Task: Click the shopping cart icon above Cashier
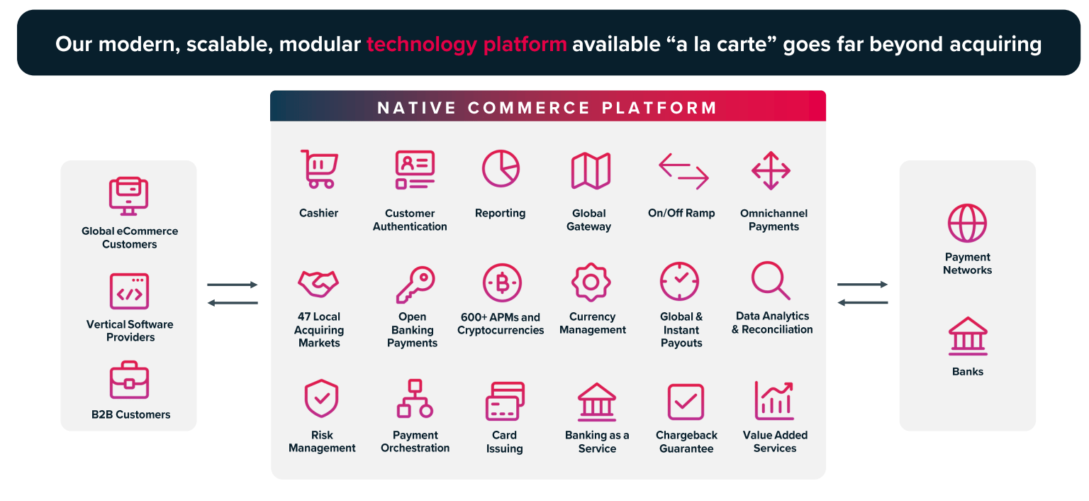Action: click(319, 169)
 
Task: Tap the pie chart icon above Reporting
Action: click(501, 169)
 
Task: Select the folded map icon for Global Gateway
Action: click(591, 170)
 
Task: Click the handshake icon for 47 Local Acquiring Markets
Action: click(318, 282)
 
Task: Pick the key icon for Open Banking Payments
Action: click(415, 284)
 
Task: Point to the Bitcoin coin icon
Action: click(502, 283)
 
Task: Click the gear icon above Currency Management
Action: click(591, 282)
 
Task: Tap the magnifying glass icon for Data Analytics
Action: click(771, 281)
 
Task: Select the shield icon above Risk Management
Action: click(321, 399)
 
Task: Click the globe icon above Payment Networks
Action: click(967, 223)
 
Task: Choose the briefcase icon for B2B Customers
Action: click(129, 380)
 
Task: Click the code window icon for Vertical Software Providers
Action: click(129, 292)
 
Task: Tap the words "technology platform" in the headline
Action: click(467, 44)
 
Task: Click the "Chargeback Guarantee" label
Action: click(686, 441)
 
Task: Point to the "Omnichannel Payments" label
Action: click(774, 220)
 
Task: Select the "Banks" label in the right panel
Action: click(967, 371)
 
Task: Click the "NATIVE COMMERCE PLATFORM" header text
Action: click(547, 108)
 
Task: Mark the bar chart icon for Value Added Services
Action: click(774, 400)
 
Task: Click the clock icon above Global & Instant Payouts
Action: click(679, 282)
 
